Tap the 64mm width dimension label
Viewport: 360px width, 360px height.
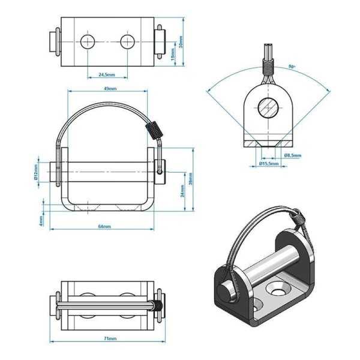[x=104, y=226]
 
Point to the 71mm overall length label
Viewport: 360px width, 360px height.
[x=109, y=338]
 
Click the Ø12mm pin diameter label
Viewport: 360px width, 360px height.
[x=37, y=172]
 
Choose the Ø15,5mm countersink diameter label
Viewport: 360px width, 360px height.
[x=268, y=163]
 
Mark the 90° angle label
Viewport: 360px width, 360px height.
[x=292, y=67]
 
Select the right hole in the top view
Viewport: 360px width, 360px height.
[x=127, y=42]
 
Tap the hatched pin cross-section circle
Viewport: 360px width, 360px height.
[x=268, y=109]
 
